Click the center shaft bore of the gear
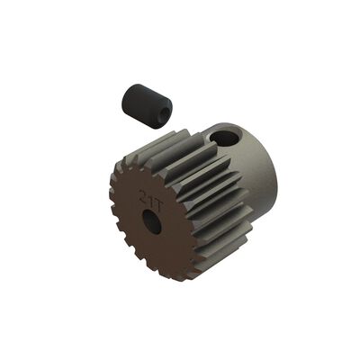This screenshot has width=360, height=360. pos(153,221)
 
